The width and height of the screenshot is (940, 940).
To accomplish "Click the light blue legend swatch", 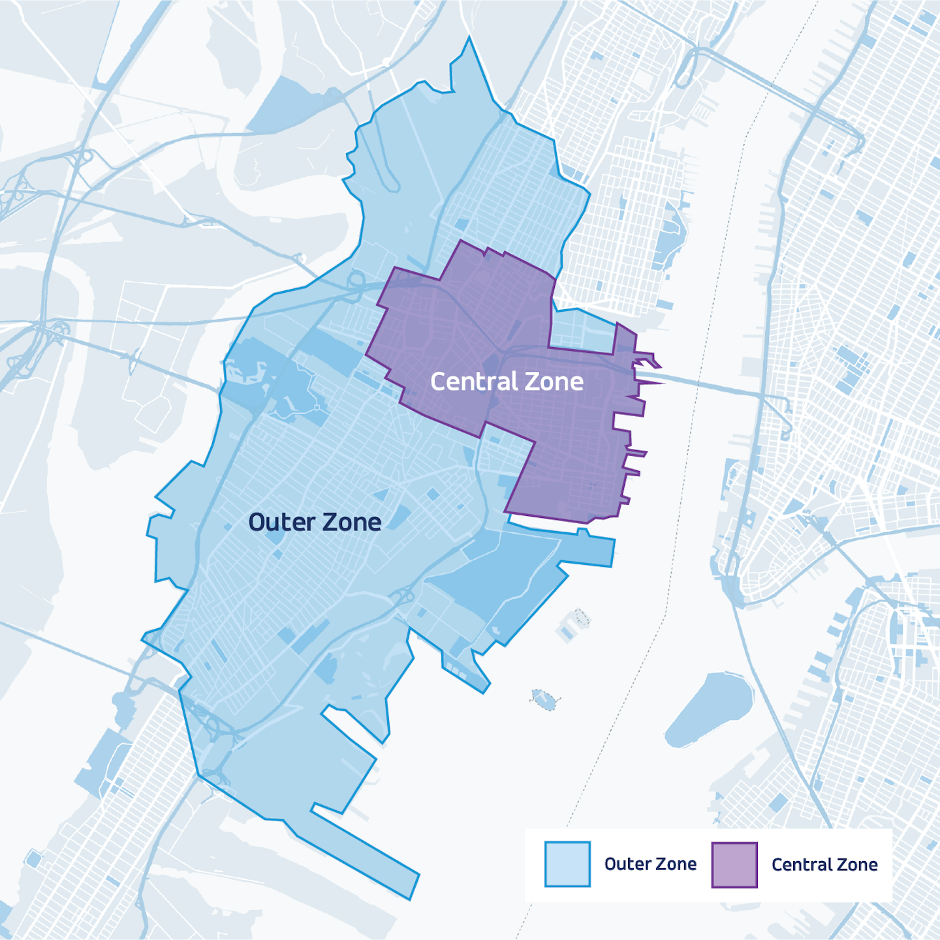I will click(567, 864).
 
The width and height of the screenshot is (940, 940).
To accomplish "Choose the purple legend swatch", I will click(734, 864).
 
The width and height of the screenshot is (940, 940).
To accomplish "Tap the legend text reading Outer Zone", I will click(650, 864).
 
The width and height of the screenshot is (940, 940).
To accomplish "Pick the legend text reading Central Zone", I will click(824, 864).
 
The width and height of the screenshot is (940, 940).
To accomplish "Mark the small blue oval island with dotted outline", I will click(543, 699).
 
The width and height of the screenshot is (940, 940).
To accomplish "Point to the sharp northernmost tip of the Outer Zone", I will click(469, 39).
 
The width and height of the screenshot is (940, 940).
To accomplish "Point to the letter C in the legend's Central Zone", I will click(777, 864).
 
